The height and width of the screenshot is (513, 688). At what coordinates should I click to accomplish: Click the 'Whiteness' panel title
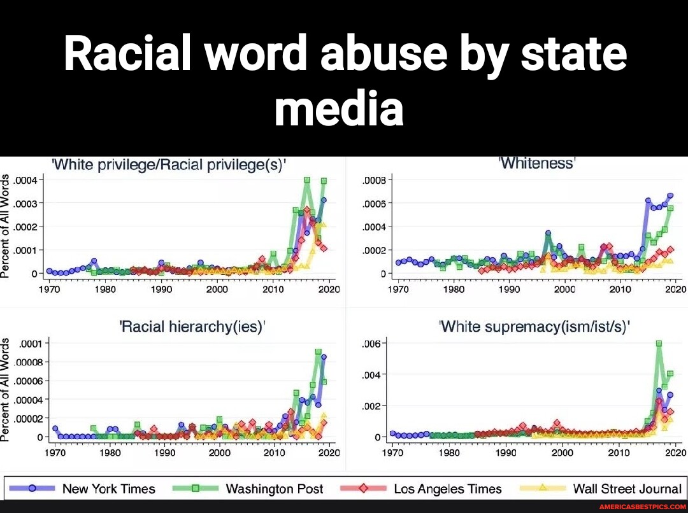click(536, 163)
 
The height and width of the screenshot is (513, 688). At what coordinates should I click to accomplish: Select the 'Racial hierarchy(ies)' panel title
click(192, 327)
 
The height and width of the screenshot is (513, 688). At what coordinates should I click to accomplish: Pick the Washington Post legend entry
click(275, 489)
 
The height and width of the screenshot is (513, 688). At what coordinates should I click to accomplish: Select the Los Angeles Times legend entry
click(447, 489)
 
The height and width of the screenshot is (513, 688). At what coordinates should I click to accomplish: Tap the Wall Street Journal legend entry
click(627, 489)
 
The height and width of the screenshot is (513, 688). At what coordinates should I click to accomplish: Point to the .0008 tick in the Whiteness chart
click(373, 179)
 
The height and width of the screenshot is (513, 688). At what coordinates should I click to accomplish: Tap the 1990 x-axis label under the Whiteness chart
click(509, 289)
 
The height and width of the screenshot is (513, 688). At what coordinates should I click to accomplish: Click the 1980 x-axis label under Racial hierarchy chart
click(110, 453)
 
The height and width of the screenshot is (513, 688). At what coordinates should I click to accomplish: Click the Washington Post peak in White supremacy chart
click(658, 343)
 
